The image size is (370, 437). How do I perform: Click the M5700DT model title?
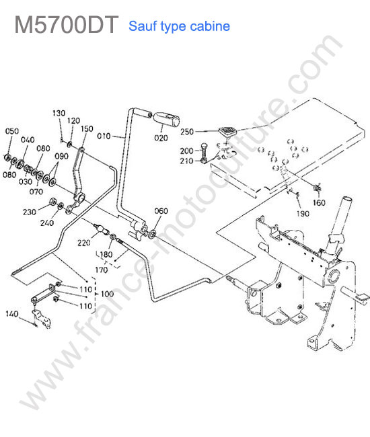point(67,25)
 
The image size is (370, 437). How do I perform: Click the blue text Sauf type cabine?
point(180,26)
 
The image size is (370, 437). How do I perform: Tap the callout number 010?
point(104,136)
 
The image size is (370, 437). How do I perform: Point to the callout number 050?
point(12,131)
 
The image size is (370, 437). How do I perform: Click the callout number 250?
point(187,132)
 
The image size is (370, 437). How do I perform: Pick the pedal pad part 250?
point(227,132)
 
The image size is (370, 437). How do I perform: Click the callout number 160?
point(319,202)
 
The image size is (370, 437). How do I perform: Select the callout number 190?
point(303,214)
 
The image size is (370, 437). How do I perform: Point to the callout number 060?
point(161,210)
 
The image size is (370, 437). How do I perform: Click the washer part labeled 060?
point(152,234)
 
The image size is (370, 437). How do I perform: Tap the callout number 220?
point(84,243)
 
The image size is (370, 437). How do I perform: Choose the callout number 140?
point(11,314)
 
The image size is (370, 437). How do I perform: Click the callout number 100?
point(108,294)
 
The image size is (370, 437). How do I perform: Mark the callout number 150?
point(87,129)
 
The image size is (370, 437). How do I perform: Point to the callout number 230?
point(30,212)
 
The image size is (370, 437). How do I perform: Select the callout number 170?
point(101,270)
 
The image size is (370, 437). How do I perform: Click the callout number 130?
point(59,113)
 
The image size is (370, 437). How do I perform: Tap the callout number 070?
point(36,192)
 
